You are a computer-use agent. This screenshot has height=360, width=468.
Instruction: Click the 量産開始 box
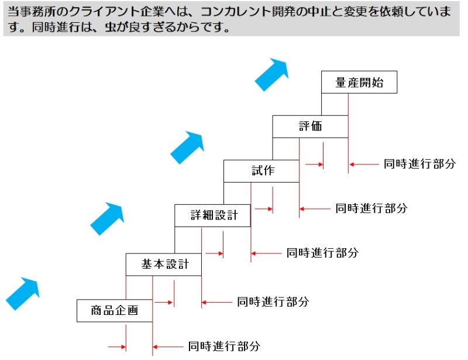[x=359, y=83]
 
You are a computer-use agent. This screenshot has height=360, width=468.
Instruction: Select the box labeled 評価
[x=310, y=126]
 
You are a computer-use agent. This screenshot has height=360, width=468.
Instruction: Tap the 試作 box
[x=261, y=171]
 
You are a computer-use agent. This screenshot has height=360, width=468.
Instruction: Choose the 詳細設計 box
[x=212, y=215]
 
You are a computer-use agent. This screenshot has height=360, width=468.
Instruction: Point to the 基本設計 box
[x=164, y=264]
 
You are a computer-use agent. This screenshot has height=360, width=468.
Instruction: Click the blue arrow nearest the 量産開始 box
[x=272, y=74]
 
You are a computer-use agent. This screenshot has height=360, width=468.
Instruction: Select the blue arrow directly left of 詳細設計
[x=106, y=218]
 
